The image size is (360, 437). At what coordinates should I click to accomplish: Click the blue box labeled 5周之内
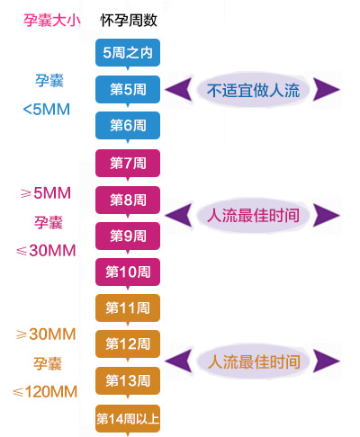tap(128, 53)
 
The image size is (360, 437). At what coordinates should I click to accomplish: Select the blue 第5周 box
tap(128, 89)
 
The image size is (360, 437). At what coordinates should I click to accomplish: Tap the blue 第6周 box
tap(128, 125)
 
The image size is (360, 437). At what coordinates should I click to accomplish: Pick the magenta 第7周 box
tap(128, 164)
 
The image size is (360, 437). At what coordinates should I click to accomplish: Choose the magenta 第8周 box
tap(128, 200)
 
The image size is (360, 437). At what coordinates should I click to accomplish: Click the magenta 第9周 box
tap(128, 236)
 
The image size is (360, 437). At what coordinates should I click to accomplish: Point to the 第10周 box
tap(128, 272)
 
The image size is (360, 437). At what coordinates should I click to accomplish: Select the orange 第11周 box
tap(128, 308)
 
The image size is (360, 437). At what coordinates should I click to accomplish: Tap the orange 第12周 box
tap(128, 344)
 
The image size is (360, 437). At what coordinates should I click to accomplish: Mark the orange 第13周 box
tap(128, 381)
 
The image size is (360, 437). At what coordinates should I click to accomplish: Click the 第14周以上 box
tap(128, 419)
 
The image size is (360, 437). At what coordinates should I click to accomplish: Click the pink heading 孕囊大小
tap(52, 21)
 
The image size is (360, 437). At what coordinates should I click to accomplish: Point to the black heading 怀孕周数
tap(129, 21)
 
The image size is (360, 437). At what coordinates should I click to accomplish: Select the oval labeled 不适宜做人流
tap(253, 90)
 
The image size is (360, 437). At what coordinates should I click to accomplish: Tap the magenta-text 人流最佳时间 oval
tap(253, 215)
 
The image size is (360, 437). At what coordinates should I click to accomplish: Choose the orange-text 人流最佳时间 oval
tap(253, 361)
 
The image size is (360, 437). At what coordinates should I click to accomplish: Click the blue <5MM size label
tap(47, 110)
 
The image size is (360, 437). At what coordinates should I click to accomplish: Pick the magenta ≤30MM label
tap(46, 251)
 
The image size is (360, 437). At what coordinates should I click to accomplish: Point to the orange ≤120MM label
tap(45, 392)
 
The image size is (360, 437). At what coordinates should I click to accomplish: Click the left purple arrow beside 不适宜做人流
tap(179, 89)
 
